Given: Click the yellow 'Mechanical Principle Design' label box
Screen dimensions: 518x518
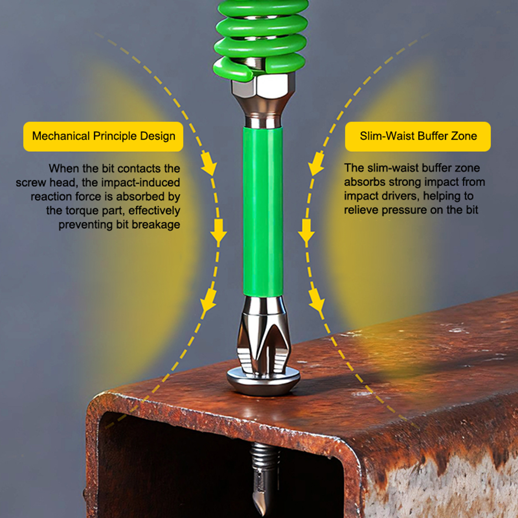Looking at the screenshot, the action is (x=103, y=136).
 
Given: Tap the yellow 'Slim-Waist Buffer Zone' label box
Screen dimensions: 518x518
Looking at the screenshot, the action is (x=418, y=136).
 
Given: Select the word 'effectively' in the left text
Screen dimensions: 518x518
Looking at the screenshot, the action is (x=154, y=210).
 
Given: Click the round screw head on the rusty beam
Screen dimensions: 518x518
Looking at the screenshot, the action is (x=263, y=382).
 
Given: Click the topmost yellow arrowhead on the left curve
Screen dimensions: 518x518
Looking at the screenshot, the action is (x=209, y=163).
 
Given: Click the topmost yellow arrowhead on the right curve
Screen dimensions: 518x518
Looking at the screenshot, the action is (x=316, y=163).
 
